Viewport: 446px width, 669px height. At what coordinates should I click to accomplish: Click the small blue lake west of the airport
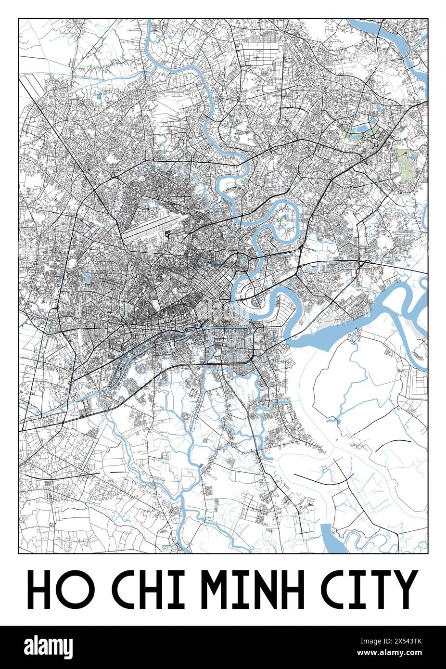point(87,277)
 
